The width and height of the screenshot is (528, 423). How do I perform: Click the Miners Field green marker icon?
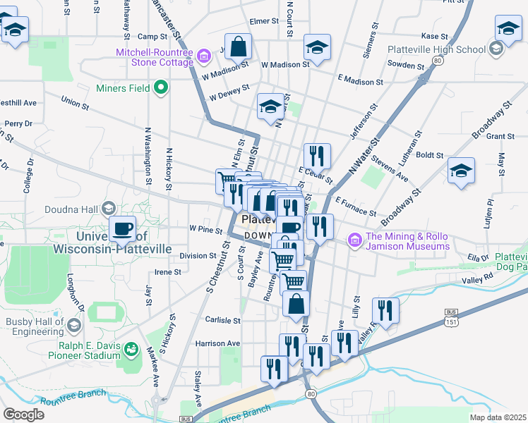coord(161,88)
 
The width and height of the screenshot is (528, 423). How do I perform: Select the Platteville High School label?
coord(436,50)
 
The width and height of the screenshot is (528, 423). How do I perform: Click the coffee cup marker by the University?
coord(123,229)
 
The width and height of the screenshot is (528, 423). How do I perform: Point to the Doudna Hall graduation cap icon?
coord(108,208)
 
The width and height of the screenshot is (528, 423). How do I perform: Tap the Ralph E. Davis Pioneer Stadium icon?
coord(130,349)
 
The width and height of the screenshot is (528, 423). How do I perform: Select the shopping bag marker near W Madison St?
coord(239,47)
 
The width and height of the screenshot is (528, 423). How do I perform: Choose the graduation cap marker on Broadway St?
coord(461,171)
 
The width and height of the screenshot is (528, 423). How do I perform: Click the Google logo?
coord(24,414)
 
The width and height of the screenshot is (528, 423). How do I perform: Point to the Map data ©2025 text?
coord(498,417)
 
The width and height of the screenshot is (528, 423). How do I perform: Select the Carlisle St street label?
coord(223,320)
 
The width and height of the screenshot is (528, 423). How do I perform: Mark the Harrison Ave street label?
coord(219,343)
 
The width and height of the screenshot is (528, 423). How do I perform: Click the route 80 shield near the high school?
coord(438,61)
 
